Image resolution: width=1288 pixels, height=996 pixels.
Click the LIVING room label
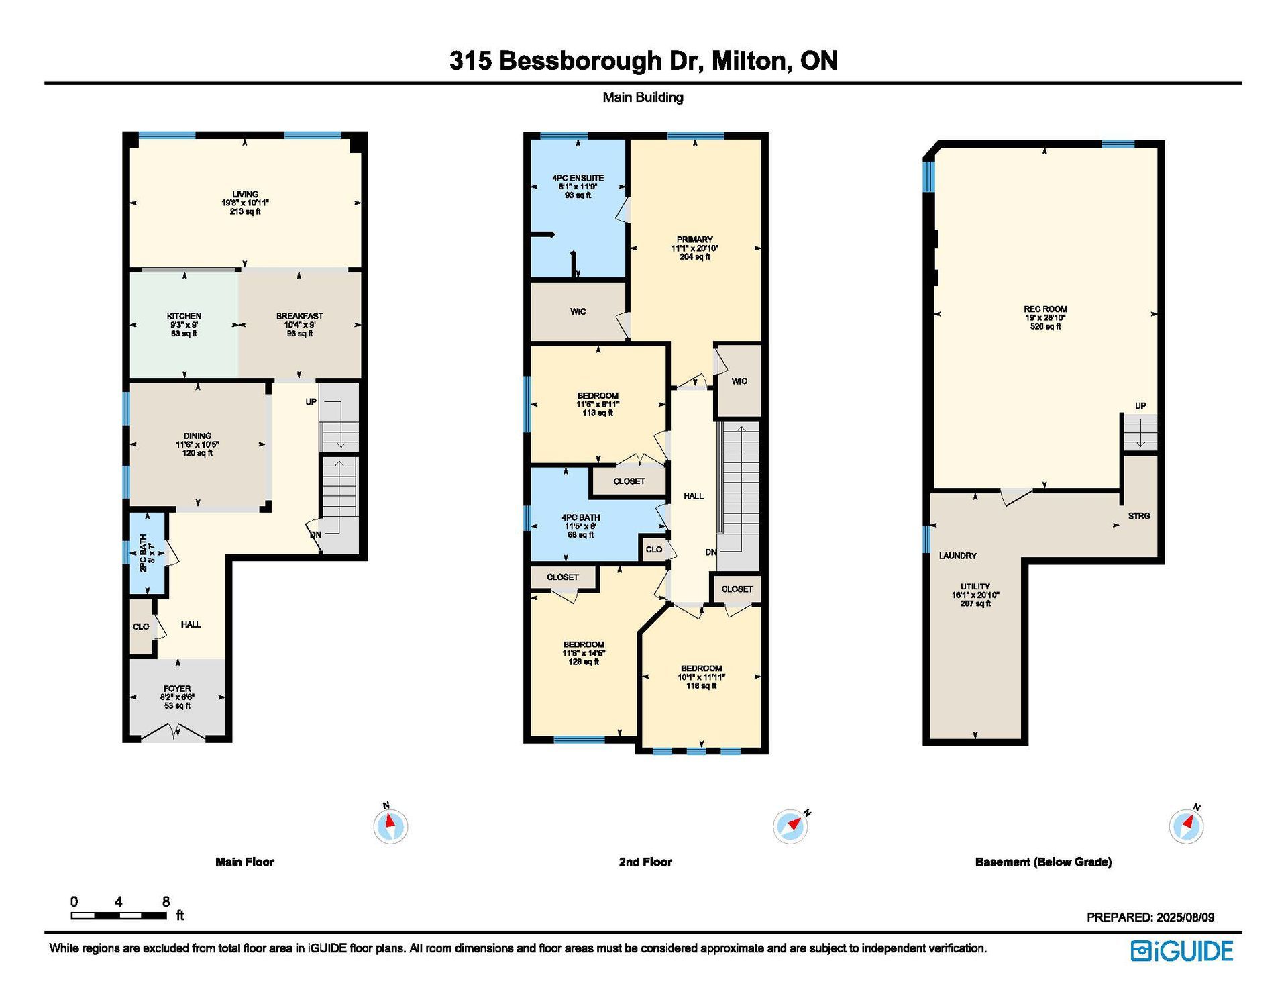point(246,195)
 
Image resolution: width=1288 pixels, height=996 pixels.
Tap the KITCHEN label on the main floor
point(184,316)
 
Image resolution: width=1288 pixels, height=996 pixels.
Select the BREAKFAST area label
point(300,316)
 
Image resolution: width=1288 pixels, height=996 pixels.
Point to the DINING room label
point(197,436)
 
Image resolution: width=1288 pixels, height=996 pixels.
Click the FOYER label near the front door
point(177,689)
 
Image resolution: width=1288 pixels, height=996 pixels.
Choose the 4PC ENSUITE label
point(578,178)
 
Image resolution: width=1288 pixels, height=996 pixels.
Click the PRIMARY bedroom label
point(695,240)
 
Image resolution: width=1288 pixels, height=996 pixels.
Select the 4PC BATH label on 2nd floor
point(581,517)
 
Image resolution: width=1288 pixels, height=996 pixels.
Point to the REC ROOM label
point(1046,309)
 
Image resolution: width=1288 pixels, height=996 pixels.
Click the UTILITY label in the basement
point(975,586)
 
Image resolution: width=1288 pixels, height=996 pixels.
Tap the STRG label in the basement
point(1139,516)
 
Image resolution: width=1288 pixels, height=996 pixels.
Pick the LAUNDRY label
point(958,556)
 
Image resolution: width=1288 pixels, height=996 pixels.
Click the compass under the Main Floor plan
point(390,825)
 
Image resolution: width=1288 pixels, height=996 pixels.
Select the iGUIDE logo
point(1182,951)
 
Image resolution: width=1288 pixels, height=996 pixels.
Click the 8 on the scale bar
point(166,901)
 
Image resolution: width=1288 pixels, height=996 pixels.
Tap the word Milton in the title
point(748,61)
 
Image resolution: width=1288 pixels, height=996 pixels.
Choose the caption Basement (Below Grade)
point(1043,862)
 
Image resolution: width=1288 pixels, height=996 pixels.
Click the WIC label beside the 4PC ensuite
point(578,311)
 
